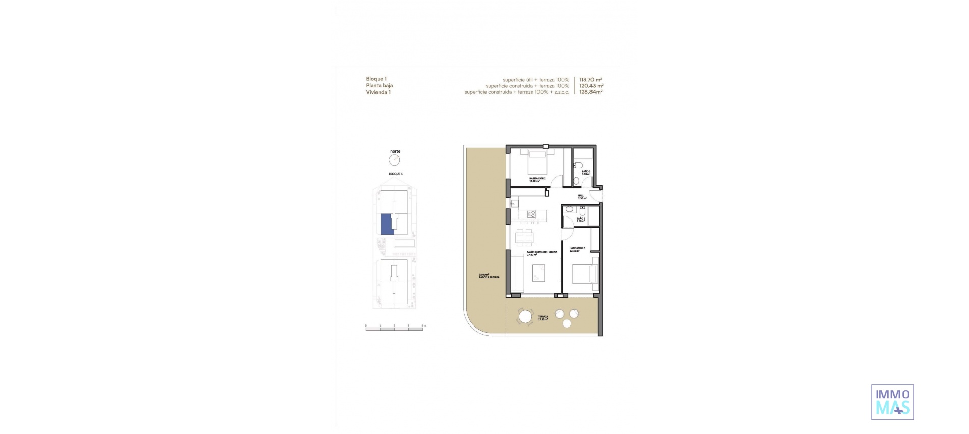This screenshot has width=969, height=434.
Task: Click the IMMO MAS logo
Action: click(x=892, y=402)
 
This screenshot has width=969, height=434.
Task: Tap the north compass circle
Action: click(x=394, y=160)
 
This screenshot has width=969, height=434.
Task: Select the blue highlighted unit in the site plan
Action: click(x=386, y=224)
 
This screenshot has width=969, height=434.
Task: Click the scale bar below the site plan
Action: click(x=394, y=329)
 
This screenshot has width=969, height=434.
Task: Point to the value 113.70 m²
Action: click(x=590, y=80)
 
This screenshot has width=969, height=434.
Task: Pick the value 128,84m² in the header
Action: click(x=590, y=92)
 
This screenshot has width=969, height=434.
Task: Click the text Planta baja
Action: click(x=380, y=86)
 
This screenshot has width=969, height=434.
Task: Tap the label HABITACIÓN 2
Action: click(x=537, y=179)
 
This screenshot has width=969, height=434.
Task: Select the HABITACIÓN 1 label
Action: click(x=577, y=249)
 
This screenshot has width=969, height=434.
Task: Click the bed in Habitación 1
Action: click(x=585, y=275)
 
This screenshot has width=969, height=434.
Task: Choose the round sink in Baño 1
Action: click(x=569, y=209)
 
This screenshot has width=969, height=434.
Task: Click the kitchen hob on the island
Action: click(x=531, y=214)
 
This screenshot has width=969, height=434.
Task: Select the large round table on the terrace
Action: click(x=525, y=317)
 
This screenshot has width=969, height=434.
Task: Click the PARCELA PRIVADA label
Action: click(x=489, y=277)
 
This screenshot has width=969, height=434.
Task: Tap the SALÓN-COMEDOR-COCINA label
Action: click(x=542, y=252)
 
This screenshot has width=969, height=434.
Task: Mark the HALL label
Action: click(x=581, y=196)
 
